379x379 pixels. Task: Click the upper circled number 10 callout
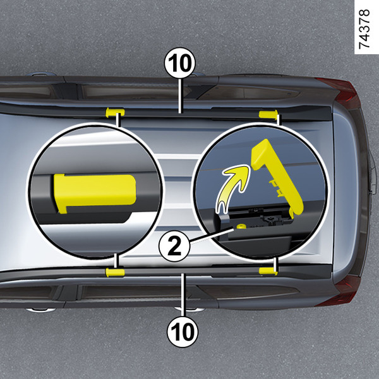tap(179, 63)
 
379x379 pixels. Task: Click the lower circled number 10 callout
tap(183, 332)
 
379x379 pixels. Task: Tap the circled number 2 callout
tap(174, 246)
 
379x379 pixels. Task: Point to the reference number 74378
tap(364, 29)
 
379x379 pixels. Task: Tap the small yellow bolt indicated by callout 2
tap(241, 226)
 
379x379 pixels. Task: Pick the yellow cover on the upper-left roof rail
tap(115, 112)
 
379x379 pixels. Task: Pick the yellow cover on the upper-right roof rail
tap(268, 114)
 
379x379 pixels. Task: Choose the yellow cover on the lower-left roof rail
tap(115, 272)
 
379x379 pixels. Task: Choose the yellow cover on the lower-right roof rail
tap(268, 271)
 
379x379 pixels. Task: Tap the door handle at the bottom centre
tap(189, 309)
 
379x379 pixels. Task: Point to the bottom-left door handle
tap(40, 310)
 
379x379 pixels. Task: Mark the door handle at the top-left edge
tap(41, 74)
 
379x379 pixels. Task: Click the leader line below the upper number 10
tap(180, 96)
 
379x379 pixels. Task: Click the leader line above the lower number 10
tap(183, 294)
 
